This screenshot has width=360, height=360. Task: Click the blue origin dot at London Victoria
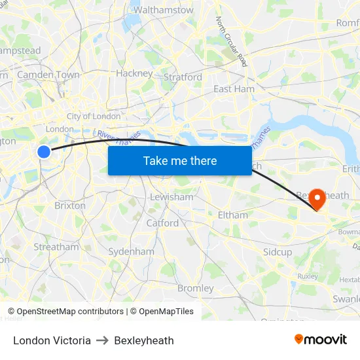tap(44, 152)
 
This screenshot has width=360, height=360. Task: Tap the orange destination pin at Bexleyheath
tap(317, 198)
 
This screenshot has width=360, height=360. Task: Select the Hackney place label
tap(134, 73)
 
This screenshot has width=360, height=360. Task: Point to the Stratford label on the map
tap(183, 77)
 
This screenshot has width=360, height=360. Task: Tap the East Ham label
tap(234, 89)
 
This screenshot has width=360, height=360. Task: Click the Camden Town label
tap(48, 75)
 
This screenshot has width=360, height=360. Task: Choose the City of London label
tap(94, 117)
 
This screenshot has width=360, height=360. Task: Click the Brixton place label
tap(70, 206)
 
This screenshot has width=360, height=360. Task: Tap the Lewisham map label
tap(172, 197)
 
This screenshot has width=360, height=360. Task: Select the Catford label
tap(162, 223)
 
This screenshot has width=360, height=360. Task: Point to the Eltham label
tap(233, 215)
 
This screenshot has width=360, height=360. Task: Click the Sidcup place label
tap(278, 252)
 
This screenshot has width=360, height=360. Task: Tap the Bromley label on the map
tap(196, 288)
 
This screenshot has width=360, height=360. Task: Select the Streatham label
tap(56, 247)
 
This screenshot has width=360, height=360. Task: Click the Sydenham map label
tap(131, 251)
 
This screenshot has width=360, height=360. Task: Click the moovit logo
tap(321, 340)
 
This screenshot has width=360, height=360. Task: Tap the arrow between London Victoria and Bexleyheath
tap(102, 340)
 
